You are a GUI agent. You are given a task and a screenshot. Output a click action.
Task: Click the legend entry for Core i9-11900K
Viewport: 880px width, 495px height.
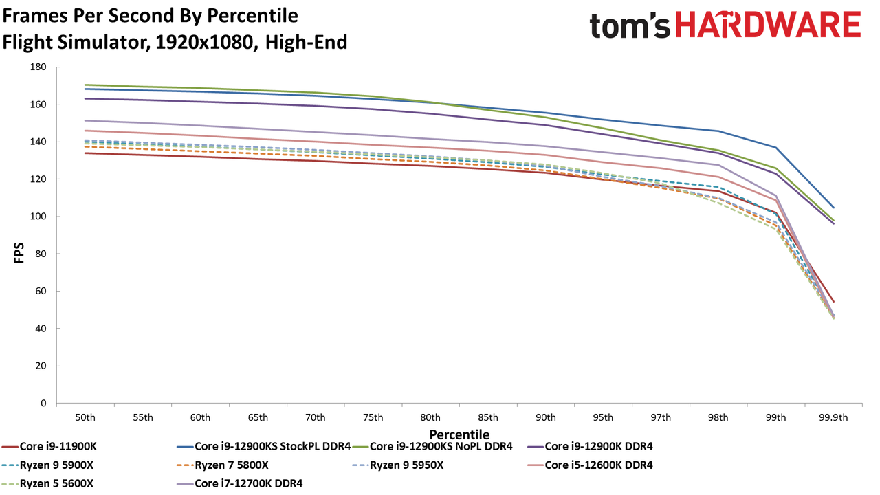point(49,447)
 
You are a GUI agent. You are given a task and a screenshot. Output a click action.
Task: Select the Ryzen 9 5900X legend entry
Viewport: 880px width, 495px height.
point(48,465)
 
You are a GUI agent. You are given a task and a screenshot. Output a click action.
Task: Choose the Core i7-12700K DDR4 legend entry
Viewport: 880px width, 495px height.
point(240,483)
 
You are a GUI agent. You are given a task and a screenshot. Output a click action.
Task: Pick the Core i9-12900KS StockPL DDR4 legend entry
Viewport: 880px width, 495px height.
point(263,447)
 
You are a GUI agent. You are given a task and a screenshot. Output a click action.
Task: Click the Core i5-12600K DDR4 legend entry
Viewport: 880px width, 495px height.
point(589,465)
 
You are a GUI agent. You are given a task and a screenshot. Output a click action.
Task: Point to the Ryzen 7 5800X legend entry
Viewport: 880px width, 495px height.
point(223,465)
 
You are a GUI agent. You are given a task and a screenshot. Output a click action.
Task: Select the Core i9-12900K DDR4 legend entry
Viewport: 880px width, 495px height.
point(589,447)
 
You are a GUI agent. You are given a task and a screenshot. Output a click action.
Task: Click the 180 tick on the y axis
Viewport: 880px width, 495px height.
point(38,67)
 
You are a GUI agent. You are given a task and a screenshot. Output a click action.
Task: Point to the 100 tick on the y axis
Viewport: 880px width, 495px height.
point(38,217)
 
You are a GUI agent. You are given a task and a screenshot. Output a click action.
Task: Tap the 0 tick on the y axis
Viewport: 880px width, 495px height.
point(43,404)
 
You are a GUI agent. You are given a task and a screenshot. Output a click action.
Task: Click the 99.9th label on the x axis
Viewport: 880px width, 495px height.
point(833,417)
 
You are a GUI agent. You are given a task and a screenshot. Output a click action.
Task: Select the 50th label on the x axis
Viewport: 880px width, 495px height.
point(85,417)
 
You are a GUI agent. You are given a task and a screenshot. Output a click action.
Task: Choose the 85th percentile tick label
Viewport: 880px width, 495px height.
point(488,417)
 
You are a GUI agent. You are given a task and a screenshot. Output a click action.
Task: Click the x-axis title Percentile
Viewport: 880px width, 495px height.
point(459,435)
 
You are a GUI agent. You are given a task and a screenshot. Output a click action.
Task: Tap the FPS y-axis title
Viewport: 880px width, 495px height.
point(19,252)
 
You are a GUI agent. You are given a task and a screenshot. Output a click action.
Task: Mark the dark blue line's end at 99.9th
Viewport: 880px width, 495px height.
point(833,208)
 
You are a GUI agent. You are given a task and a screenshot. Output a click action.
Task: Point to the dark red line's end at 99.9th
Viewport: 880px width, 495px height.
point(833,302)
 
